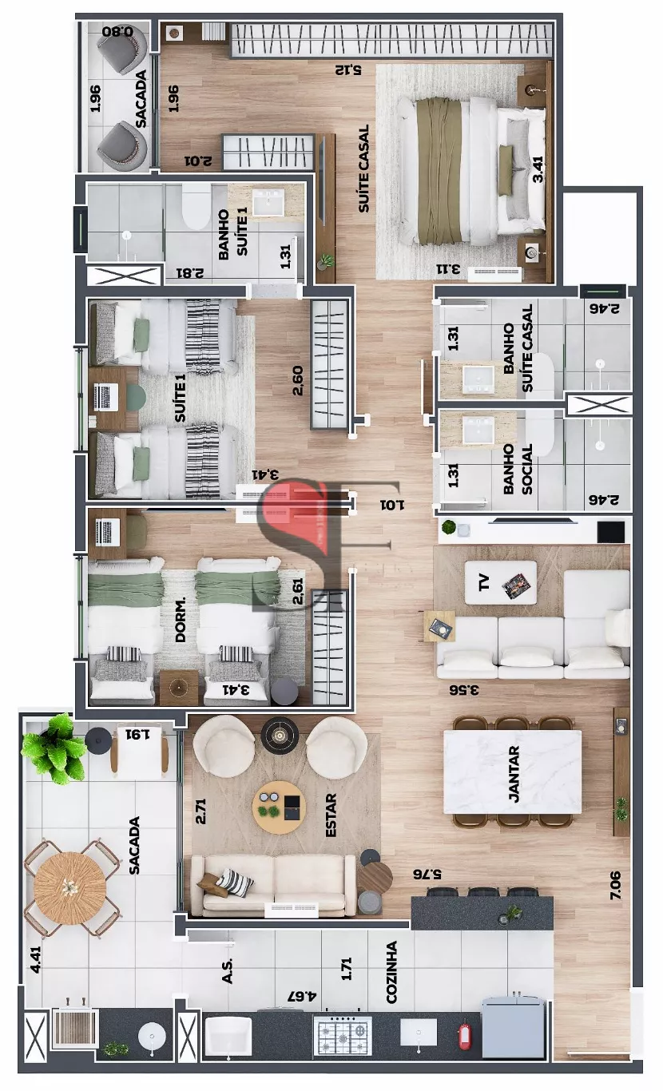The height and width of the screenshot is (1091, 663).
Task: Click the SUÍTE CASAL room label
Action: pos(364,169)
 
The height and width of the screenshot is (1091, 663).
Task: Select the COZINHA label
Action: pos(391,972)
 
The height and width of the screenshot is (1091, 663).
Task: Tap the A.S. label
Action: pos(227,970)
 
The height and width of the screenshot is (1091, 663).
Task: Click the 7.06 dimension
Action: pos(615,885)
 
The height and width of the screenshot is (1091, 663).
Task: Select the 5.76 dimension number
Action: pos(427,874)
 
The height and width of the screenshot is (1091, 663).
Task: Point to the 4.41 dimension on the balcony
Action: pos(36,959)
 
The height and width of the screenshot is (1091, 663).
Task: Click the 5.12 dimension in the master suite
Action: pos(347,70)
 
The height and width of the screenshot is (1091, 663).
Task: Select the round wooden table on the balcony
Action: pos(70,887)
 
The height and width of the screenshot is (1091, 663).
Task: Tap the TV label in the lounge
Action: pos(484,583)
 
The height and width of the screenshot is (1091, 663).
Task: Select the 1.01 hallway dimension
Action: pos(392,505)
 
